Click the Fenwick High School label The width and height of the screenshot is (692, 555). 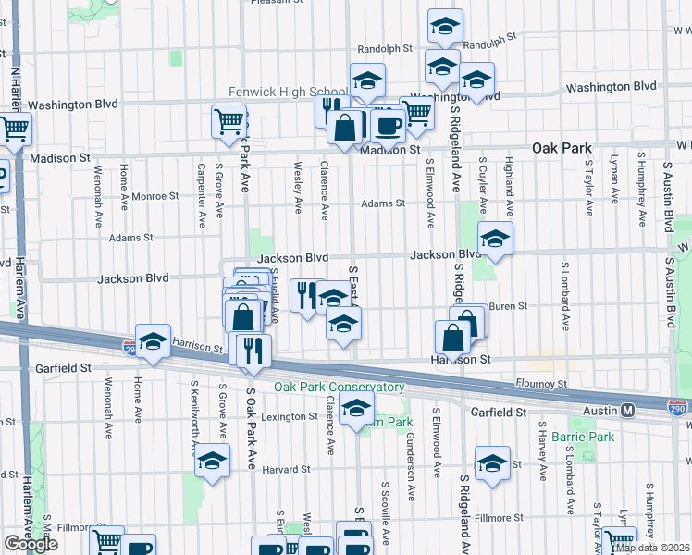(x=288, y=92)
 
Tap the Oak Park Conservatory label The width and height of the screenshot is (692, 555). (x=339, y=388)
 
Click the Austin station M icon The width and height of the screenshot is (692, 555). (x=627, y=410)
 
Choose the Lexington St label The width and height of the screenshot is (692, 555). (x=288, y=417)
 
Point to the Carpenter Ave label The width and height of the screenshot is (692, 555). (x=201, y=194)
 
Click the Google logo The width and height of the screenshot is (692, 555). (x=31, y=544)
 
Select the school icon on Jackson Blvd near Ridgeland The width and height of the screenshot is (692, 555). (x=495, y=239)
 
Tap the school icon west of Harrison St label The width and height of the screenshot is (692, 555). (x=153, y=340)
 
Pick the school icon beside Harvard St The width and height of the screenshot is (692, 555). (x=213, y=461)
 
